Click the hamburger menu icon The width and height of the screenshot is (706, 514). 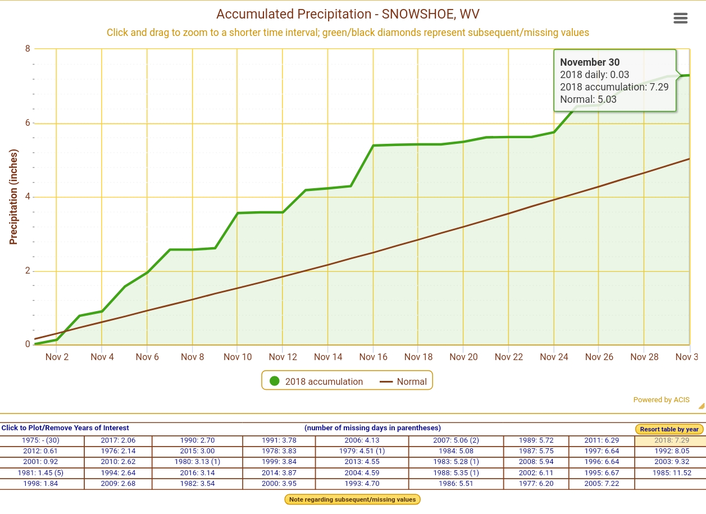[680, 18]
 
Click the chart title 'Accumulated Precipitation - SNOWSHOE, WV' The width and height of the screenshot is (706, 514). [348, 14]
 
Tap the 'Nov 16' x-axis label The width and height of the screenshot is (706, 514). [374, 357]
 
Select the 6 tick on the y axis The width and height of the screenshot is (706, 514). [28, 123]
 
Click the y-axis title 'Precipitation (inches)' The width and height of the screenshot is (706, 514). [13, 197]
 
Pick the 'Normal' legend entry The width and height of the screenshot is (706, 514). [404, 381]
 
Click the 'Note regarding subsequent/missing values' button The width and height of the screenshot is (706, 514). [353, 499]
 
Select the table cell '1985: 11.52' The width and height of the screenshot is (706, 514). [671, 473]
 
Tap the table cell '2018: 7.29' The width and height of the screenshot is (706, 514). [671, 440]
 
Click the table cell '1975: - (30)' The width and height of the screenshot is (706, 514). [42, 440]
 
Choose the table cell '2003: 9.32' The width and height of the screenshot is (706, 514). [671, 462]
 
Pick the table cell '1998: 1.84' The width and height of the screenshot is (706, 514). [42, 484]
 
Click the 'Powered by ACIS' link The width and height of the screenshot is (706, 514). [661, 400]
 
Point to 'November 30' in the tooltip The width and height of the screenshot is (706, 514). [590, 62]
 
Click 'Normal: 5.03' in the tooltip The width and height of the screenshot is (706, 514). [588, 99]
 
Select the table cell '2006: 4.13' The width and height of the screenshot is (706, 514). [362, 440]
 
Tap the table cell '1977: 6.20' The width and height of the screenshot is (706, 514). [536, 484]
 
